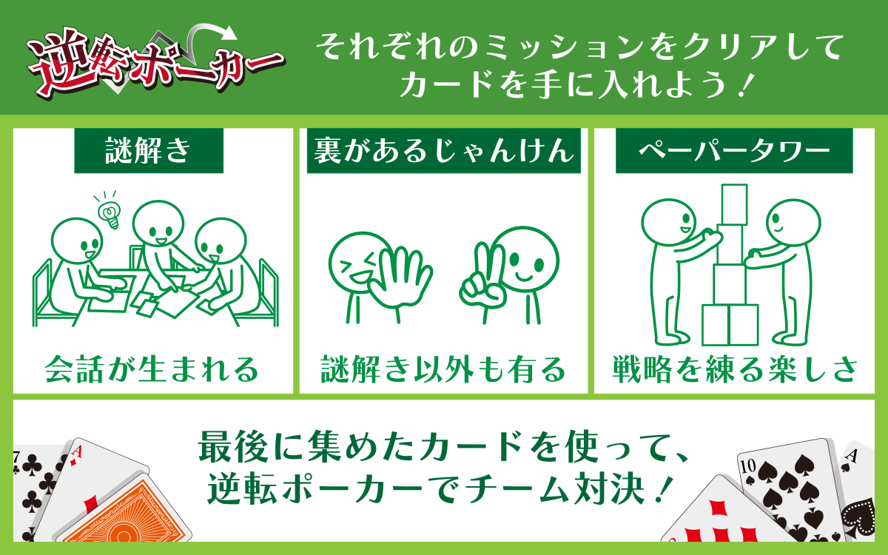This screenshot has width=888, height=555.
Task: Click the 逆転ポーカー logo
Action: (155, 64)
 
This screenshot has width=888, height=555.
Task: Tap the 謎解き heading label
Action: (149, 151)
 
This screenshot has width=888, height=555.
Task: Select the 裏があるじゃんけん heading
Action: (443, 151)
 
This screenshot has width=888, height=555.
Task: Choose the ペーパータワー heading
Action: (734, 151)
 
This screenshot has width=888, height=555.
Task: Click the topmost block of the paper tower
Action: (734, 204)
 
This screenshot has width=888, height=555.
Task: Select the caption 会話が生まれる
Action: (152, 369)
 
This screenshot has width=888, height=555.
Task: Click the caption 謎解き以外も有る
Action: (443, 369)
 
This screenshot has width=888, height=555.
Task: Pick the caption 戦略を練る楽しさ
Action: (734, 369)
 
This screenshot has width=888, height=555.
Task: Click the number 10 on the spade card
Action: (748, 466)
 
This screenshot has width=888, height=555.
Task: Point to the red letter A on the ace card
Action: (76, 452)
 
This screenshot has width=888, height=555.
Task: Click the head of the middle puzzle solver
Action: (158, 226)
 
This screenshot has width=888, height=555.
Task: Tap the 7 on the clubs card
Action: (16, 457)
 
